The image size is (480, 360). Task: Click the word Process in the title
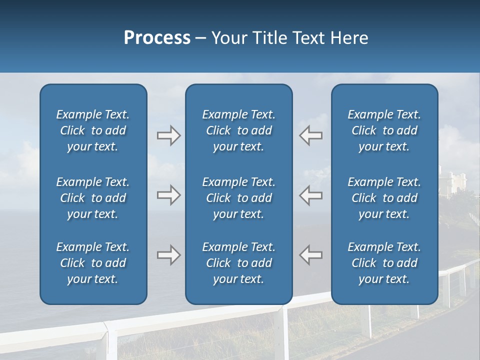(x=157, y=38)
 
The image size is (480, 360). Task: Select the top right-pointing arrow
(x=168, y=135)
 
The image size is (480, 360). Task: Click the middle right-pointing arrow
(x=168, y=195)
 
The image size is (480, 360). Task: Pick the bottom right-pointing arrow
(x=168, y=255)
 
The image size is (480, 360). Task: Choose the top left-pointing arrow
(x=310, y=135)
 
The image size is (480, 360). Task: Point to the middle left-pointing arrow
(x=310, y=195)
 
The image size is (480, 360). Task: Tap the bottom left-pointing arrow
(x=310, y=255)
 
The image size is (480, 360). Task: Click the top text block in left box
(x=93, y=130)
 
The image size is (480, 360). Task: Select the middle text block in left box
(x=93, y=198)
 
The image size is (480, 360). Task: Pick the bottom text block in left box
(x=93, y=263)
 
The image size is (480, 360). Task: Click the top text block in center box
(x=238, y=130)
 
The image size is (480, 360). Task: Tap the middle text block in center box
(x=238, y=198)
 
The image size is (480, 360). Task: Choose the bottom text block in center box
(x=238, y=263)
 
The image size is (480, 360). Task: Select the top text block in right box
(x=384, y=130)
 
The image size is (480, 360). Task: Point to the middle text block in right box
(x=384, y=198)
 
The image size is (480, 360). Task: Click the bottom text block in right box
(x=384, y=263)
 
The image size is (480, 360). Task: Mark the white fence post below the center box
(x=285, y=332)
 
